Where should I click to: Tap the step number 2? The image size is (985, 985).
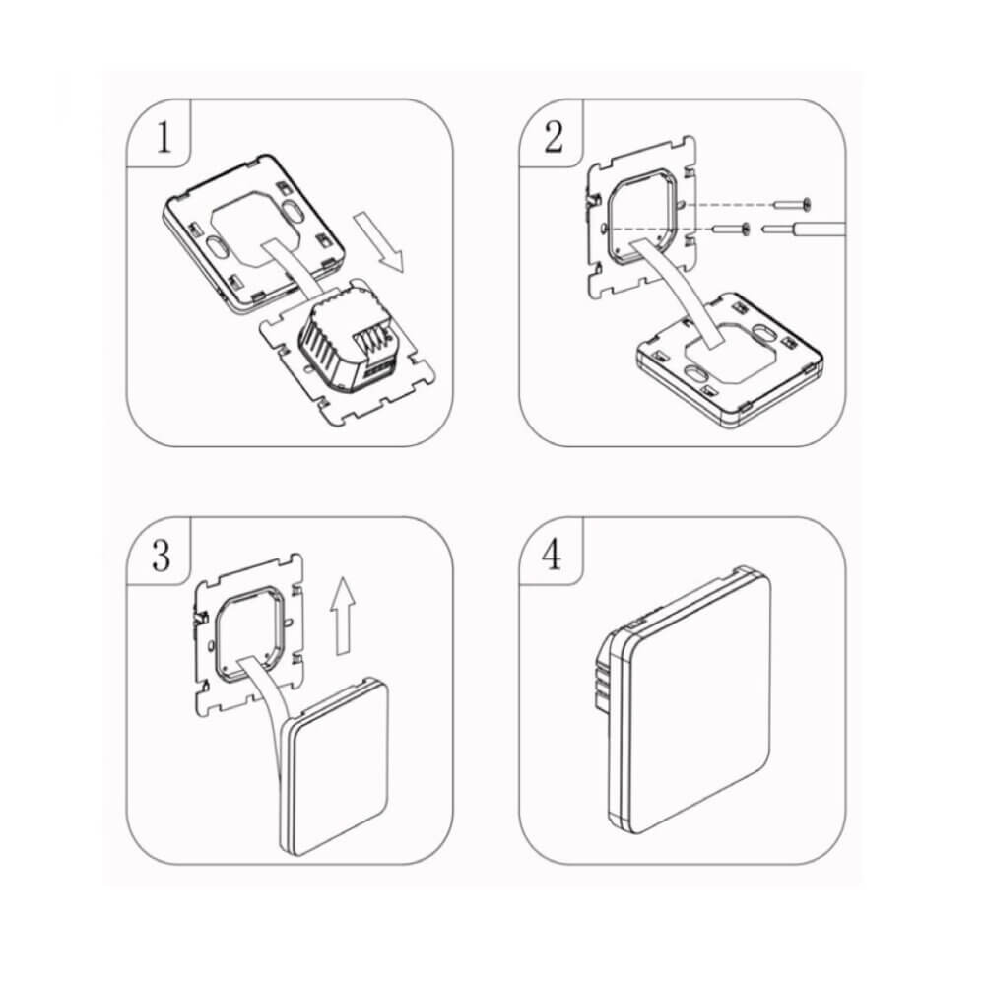554,137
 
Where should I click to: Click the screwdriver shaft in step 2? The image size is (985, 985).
808,232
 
